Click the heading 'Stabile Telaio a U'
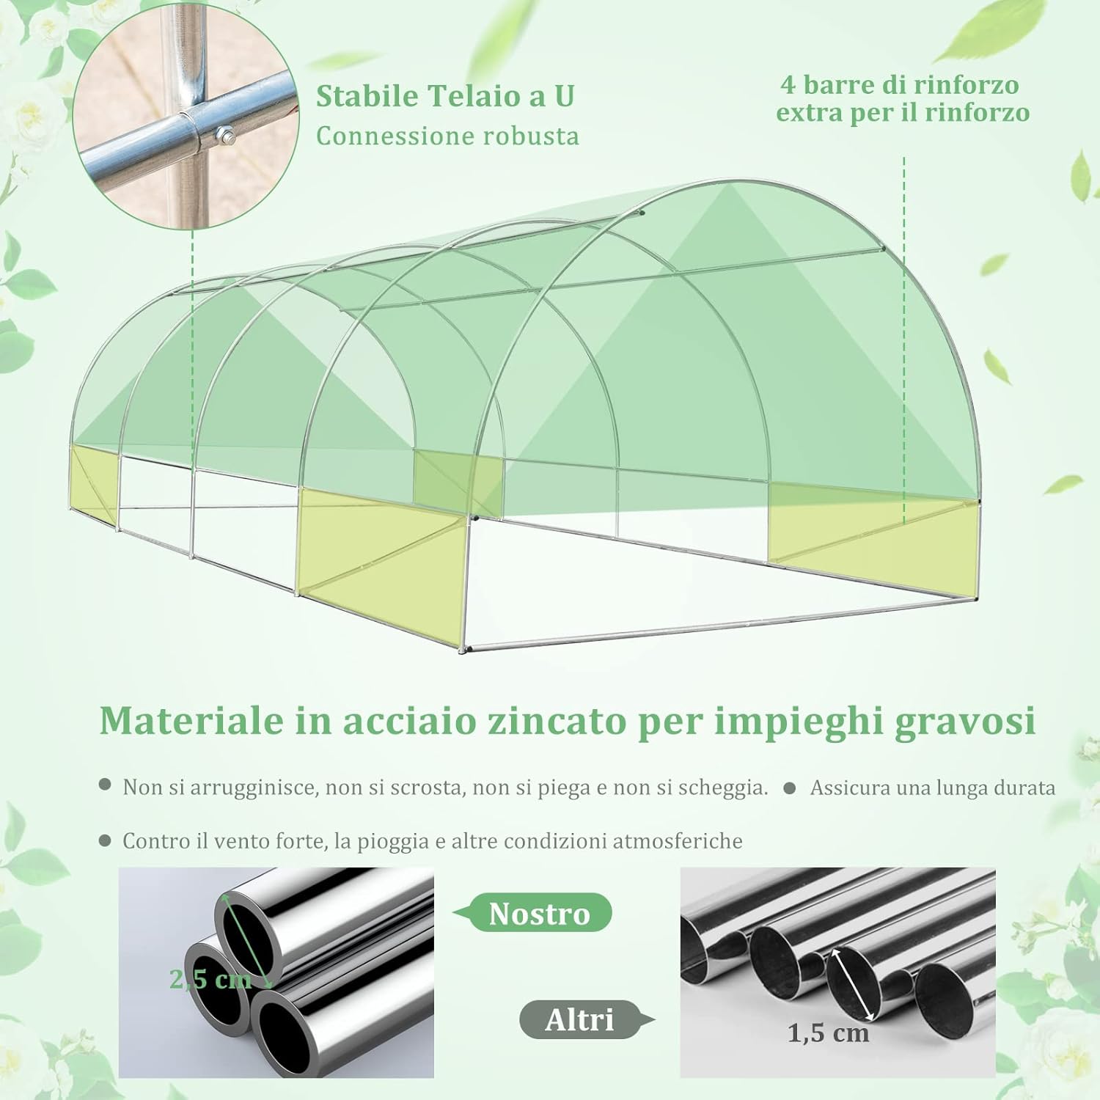[x=445, y=97]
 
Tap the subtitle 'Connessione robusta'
[x=447, y=136]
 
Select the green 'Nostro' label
[x=539, y=914]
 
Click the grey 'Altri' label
[x=579, y=1020]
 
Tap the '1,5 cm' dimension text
[x=828, y=1033]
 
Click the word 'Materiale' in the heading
[x=191, y=721]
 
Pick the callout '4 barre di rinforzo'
[x=900, y=85]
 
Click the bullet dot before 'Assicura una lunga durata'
[x=790, y=788]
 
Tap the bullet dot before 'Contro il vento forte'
[x=106, y=840]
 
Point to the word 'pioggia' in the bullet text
[x=393, y=841]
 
